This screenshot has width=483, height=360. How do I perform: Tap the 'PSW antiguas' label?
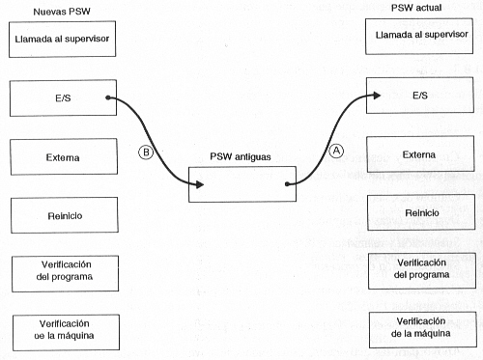[241, 156]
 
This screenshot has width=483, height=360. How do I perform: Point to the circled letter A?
[337, 151]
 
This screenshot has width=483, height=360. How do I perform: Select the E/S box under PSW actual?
[418, 95]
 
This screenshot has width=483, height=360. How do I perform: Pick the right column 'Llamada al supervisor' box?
[418, 37]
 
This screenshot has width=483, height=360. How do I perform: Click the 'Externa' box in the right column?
[418, 152]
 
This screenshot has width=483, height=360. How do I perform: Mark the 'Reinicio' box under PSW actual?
[418, 211]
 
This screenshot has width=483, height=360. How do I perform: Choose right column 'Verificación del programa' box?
[418, 269]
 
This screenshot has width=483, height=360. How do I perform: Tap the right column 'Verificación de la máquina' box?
[418, 327]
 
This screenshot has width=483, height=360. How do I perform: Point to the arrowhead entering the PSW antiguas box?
[200, 183]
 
